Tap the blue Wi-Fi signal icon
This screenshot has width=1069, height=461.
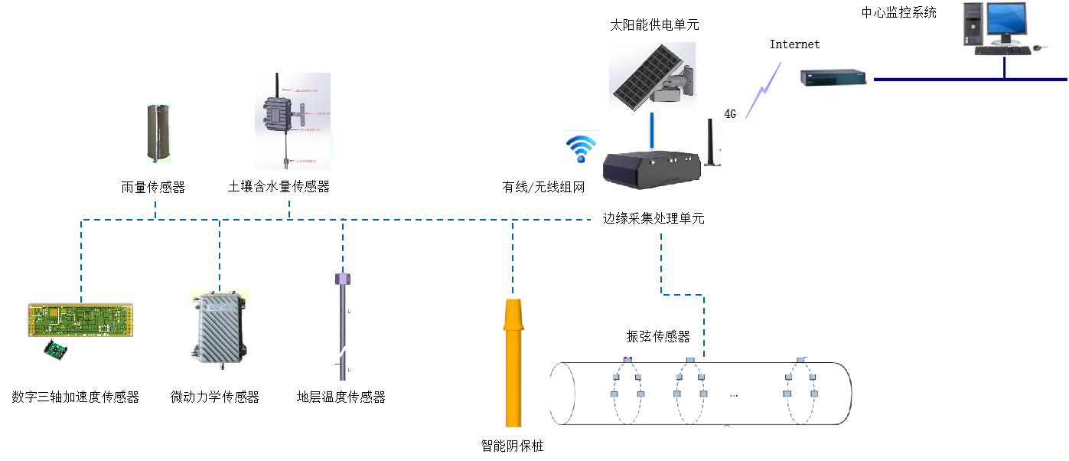point(581,148)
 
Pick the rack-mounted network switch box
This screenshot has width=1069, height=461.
point(834,78)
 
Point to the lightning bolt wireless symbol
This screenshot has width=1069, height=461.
point(764,90)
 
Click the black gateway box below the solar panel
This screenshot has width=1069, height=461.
point(652,168)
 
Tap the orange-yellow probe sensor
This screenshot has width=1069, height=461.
point(512,360)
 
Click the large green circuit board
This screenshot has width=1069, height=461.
point(80,319)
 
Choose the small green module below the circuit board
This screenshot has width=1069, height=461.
point(56,349)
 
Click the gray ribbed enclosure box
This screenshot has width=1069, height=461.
point(220,329)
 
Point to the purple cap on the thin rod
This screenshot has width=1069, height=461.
point(343,280)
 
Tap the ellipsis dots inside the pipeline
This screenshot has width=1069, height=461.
point(734,395)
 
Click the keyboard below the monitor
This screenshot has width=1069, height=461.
point(1002,51)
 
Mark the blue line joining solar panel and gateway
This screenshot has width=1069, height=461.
point(652,131)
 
